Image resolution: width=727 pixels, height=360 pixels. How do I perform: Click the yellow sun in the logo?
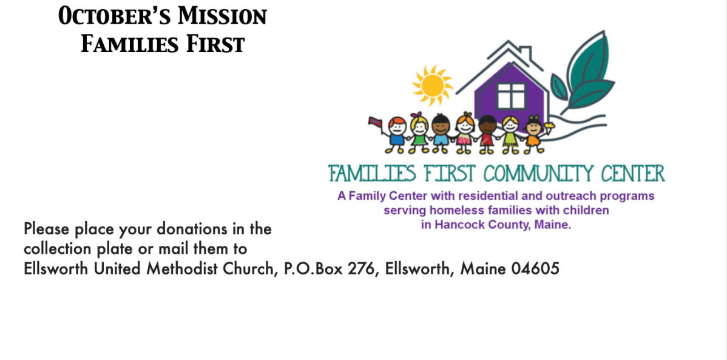pos(432,86)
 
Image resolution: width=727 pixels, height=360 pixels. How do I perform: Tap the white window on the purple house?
pos(511,96)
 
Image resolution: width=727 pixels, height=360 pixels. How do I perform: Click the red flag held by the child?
pos(374,122)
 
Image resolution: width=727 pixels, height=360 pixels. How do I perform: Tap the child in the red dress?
pos(487,135)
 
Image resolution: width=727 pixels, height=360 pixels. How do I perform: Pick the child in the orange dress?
pos(533,135)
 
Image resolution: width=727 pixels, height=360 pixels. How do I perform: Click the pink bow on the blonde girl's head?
pos(419,115)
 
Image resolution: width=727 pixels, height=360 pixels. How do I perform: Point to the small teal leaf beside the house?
pos(558,87)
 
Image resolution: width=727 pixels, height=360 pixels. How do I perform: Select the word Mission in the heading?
pos(223,17)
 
